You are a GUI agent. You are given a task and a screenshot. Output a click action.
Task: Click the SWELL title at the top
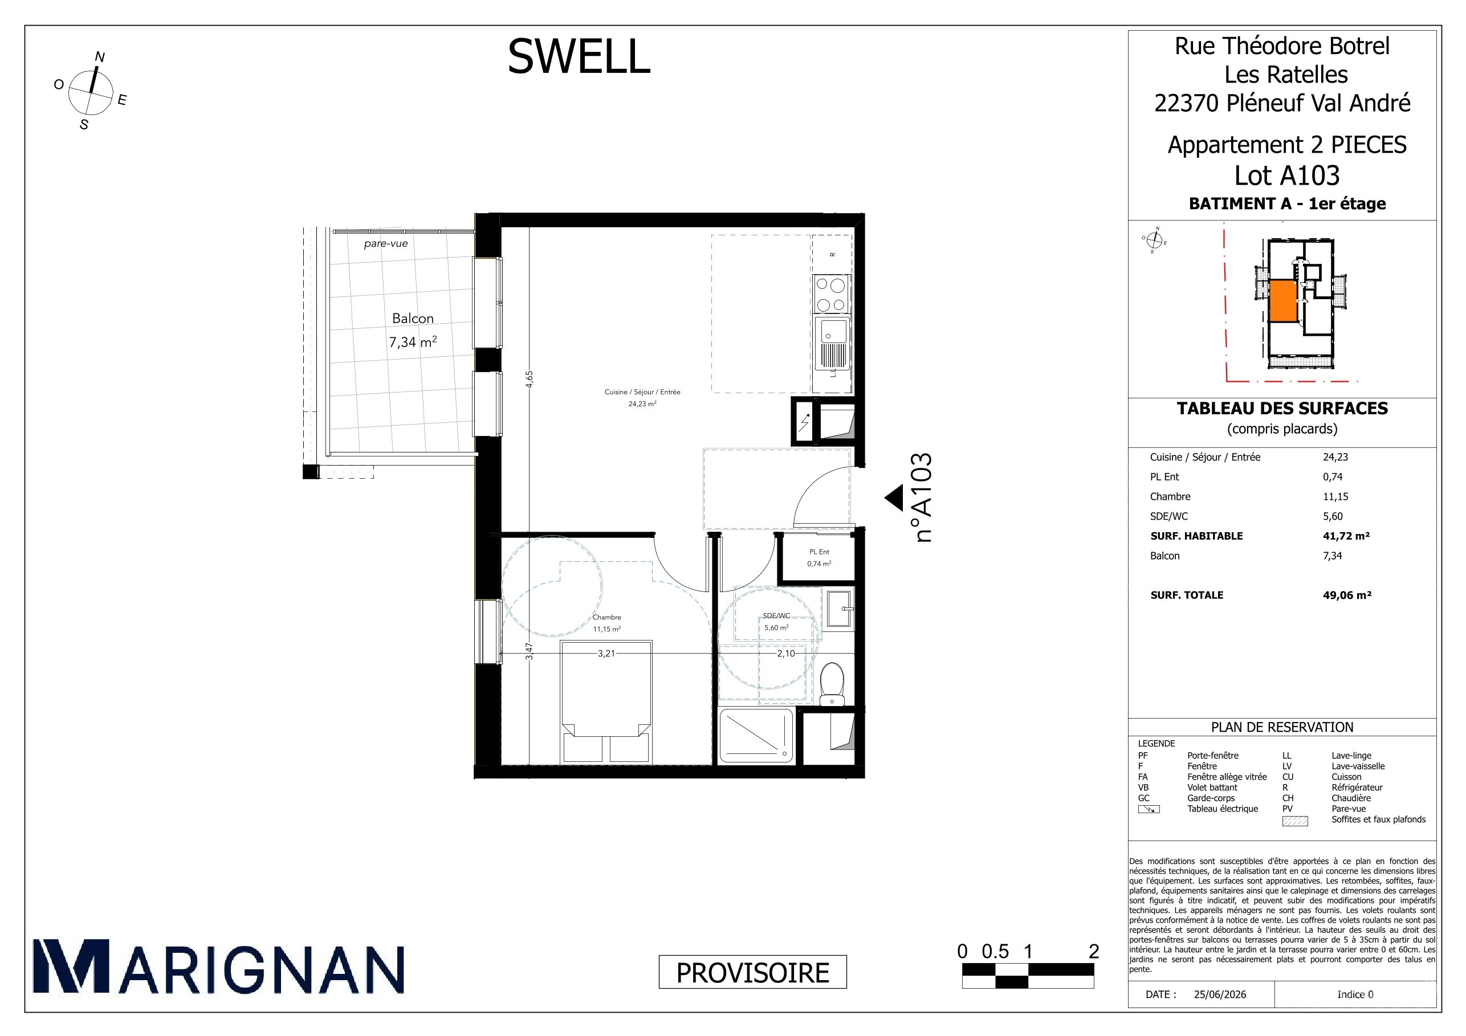(x=579, y=56)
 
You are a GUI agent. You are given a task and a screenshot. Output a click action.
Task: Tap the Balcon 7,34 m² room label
(x=413, y=330)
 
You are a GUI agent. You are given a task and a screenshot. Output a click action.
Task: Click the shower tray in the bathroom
(x=756, y=736)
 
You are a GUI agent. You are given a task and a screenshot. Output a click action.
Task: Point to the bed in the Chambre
(x=606, y=702)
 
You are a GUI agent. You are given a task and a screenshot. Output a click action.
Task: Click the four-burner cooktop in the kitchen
(x=832, y=295)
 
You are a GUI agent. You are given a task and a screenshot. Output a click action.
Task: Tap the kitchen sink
(x=832, y=345)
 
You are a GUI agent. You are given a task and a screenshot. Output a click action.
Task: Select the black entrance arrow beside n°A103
(x=893, y=498)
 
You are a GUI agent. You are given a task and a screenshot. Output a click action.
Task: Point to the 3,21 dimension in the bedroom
(x=606, y=654)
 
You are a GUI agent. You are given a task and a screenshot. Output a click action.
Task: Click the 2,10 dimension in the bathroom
(x=786, y=654)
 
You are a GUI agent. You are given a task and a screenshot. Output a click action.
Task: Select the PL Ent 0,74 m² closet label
(x=819, y=558)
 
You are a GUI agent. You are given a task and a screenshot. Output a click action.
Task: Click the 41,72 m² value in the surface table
(x=1346, y=536)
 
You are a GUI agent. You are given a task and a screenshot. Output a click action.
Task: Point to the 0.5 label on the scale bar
(x=995, y=952)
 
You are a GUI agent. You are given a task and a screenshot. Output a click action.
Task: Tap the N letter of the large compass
(x=100, y=57)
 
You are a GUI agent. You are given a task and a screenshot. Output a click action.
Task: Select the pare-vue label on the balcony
(x=386, y=243)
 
